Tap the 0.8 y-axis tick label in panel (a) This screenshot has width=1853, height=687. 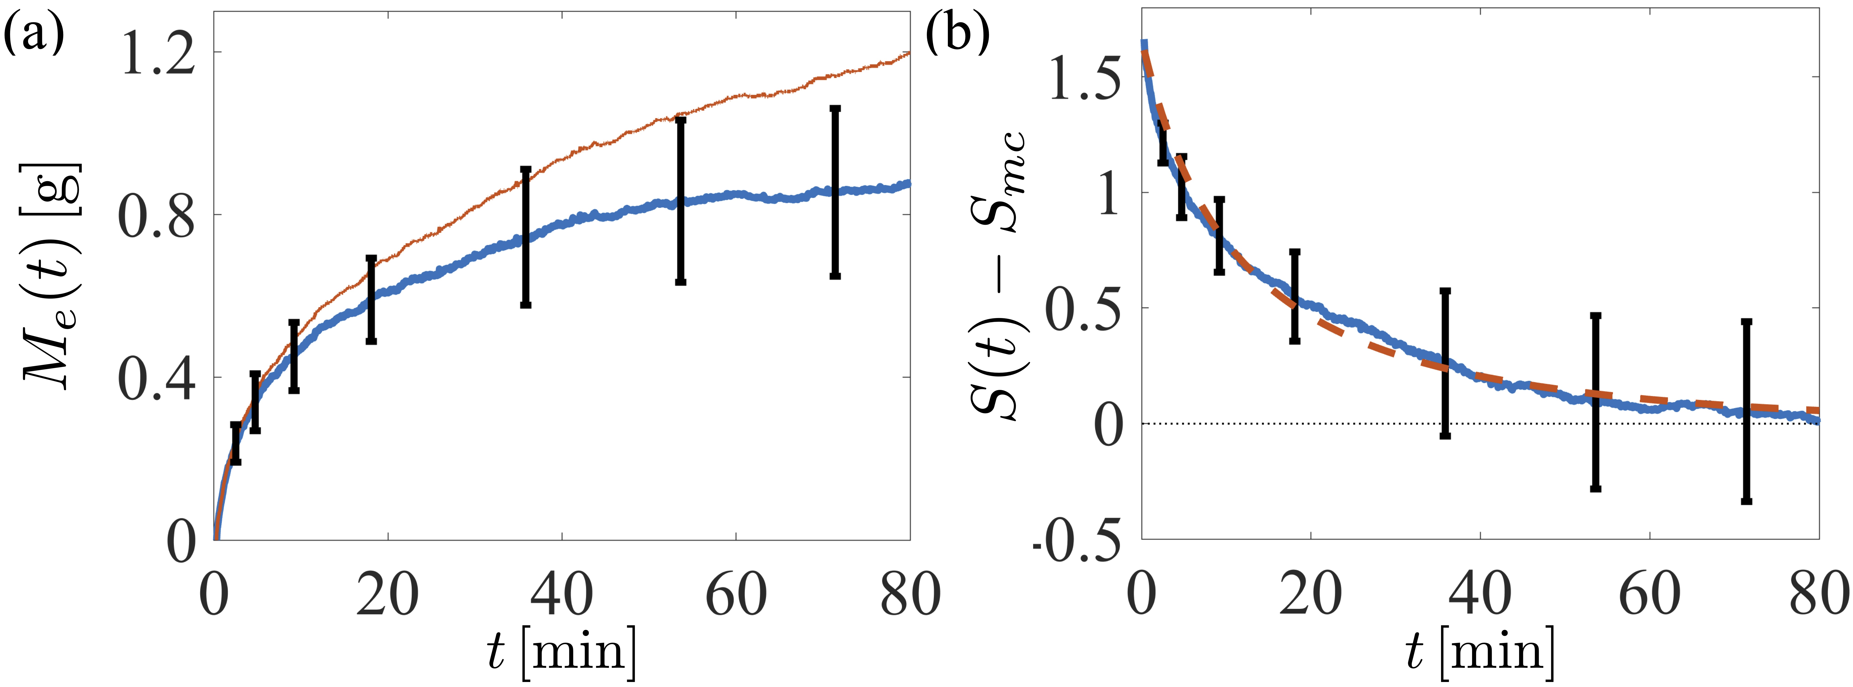157,216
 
